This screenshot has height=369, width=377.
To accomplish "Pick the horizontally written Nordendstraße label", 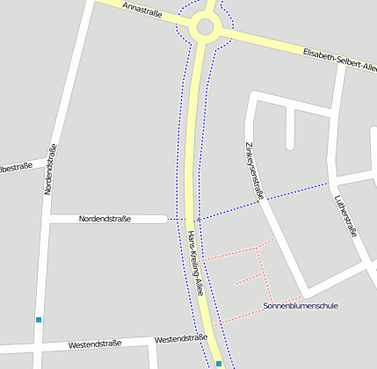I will [x=105, y=219].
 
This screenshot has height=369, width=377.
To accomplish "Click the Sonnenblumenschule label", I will [x=300, y=306].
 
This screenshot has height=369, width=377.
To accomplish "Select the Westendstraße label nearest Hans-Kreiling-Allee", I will [x=180, y=339].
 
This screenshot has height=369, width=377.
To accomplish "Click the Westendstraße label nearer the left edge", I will [x=94, y=344].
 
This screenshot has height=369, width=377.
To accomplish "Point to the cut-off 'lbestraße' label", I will [x=16, y=166].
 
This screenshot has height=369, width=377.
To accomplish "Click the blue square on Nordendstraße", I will [x=39, y=320].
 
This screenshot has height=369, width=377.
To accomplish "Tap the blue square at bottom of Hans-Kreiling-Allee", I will [x=218, y=363].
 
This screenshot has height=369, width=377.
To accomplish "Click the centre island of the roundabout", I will [x=206, y=26].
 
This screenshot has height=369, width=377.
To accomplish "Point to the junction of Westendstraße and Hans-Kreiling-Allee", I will [x=208, y=336].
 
